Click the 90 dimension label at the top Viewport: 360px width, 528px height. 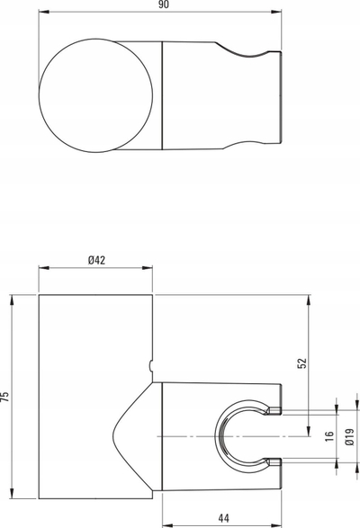coord(164,4)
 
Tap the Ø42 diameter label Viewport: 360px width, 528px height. coord(96,260)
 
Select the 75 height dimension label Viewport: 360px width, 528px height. coord(4,397)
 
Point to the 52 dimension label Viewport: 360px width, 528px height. coord(302,363)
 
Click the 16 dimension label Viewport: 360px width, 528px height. coord(329,436)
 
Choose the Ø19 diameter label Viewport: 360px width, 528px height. coord(350,437)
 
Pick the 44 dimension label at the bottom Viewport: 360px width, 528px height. coord(223,518)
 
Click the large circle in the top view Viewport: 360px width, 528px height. coord(39,95)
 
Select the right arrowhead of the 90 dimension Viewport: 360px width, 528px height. coord(276,12)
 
